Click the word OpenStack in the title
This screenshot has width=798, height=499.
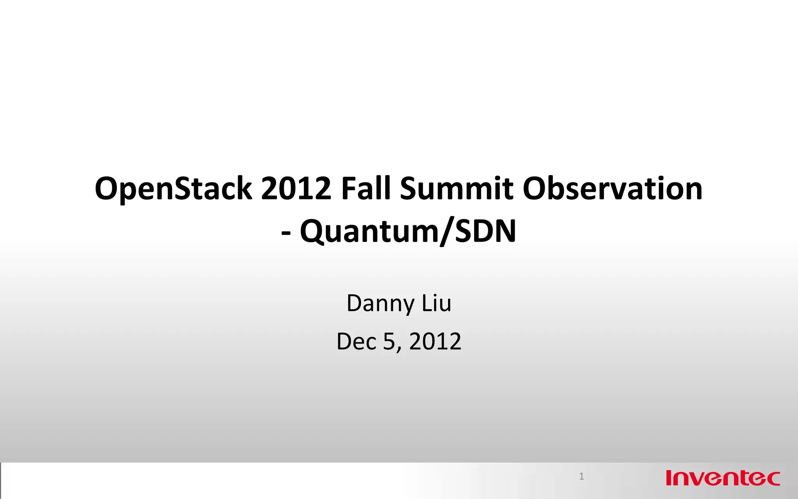173,189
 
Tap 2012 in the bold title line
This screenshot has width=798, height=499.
296,189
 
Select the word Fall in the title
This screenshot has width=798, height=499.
365,189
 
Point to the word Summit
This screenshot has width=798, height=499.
456,189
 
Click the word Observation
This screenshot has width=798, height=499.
613,189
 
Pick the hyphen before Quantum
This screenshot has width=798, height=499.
286,233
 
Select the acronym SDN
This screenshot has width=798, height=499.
486,232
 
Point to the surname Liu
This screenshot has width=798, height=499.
437,303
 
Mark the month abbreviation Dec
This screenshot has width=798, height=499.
357,342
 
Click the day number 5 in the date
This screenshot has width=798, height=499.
389,342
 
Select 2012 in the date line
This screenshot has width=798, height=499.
435,342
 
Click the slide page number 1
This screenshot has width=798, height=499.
581,476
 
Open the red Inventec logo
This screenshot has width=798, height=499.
723,478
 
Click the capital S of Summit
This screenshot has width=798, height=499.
409,189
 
